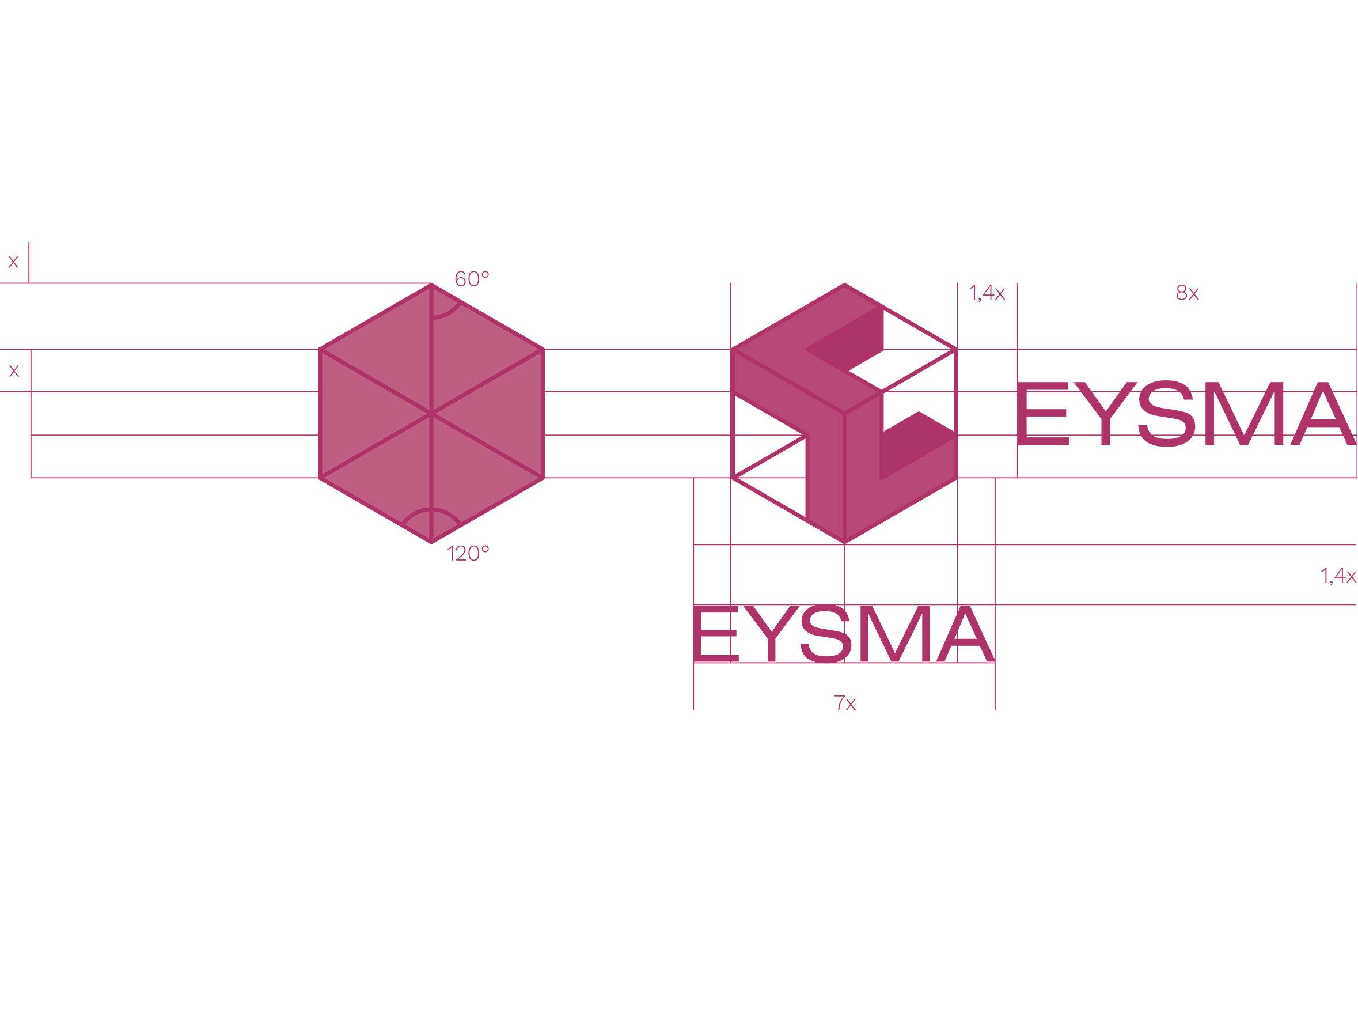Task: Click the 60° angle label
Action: click(472, 279)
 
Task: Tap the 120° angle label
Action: click(468, 554)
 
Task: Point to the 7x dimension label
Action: click(845, 702)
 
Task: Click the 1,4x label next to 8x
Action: click(987, 294)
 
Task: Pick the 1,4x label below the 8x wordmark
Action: click(1338, 576)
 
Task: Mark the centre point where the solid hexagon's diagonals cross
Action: click(431, 413)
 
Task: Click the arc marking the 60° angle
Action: click(447, 313)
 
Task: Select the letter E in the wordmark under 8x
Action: click(1042, 413)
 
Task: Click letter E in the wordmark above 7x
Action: click(715, 633)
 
